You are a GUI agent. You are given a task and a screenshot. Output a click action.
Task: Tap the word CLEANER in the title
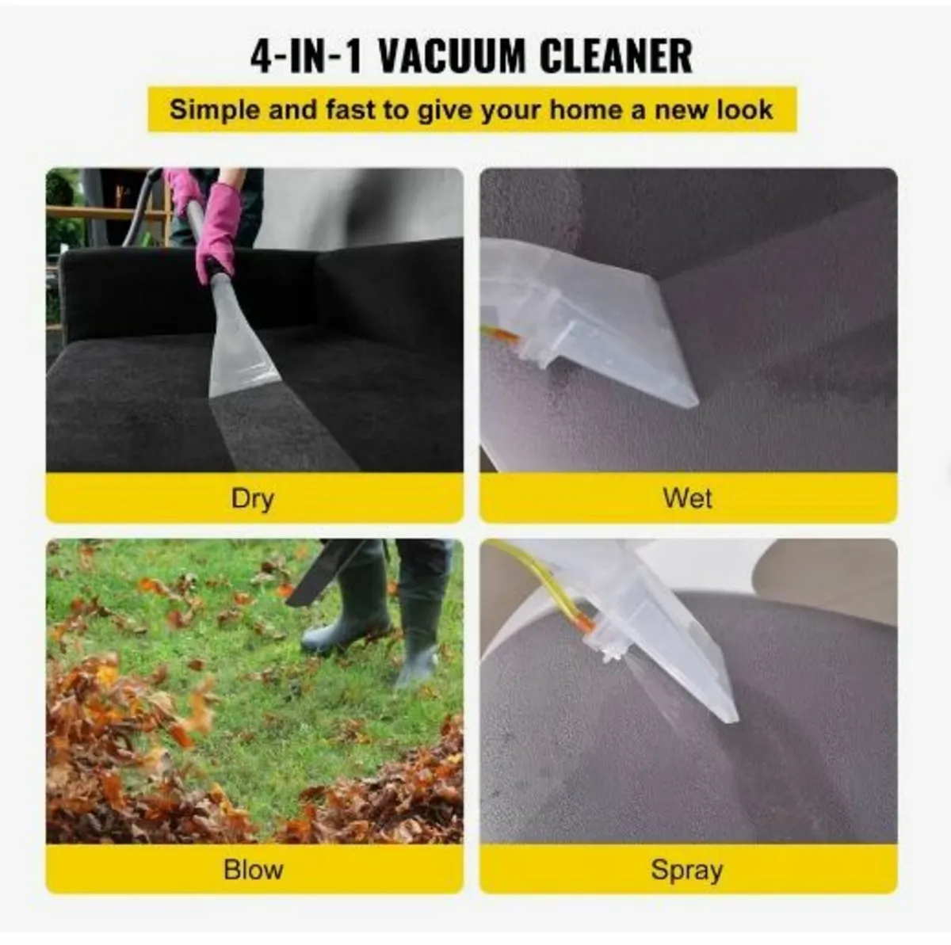pos(616,56)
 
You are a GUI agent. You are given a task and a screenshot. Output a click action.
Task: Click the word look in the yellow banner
pos(744,109)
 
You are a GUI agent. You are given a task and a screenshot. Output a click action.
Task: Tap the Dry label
pos(253,498)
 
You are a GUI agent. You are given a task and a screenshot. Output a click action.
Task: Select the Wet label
pos(687,498)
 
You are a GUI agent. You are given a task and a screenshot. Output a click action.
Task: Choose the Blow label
pos(253,869)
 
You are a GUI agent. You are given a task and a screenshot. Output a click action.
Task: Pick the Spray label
pos(686,870)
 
